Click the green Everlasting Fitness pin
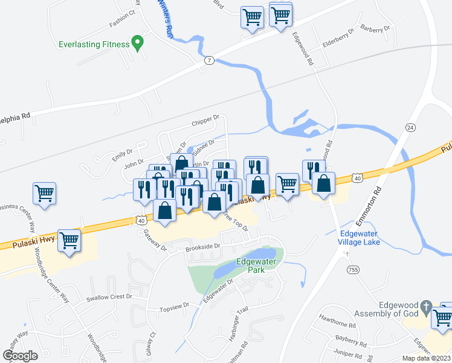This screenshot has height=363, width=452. (x=138, y=43)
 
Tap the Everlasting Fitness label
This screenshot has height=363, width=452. (x=94, y=44)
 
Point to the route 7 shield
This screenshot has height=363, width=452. (x=209, y=60)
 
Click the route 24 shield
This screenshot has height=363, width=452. (x=411, y=128)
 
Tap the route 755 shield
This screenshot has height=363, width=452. (x=352, y=268)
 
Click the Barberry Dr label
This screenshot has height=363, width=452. (x=376, y=28)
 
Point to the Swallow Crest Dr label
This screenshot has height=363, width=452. (x=108, y=297)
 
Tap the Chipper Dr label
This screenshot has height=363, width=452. (x=207, y=121)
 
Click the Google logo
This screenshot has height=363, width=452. (x=20, y=355)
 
